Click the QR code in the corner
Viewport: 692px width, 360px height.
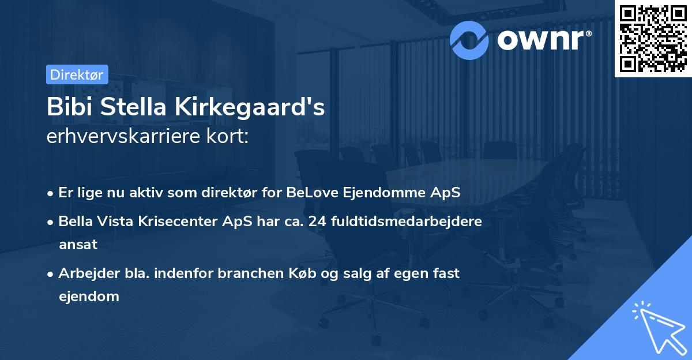(x=653, y=39)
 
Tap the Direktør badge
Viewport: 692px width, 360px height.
(x=77, y=74)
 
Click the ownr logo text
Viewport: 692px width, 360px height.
(x=545, y=39)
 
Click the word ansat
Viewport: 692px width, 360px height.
(x=78, y=244)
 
